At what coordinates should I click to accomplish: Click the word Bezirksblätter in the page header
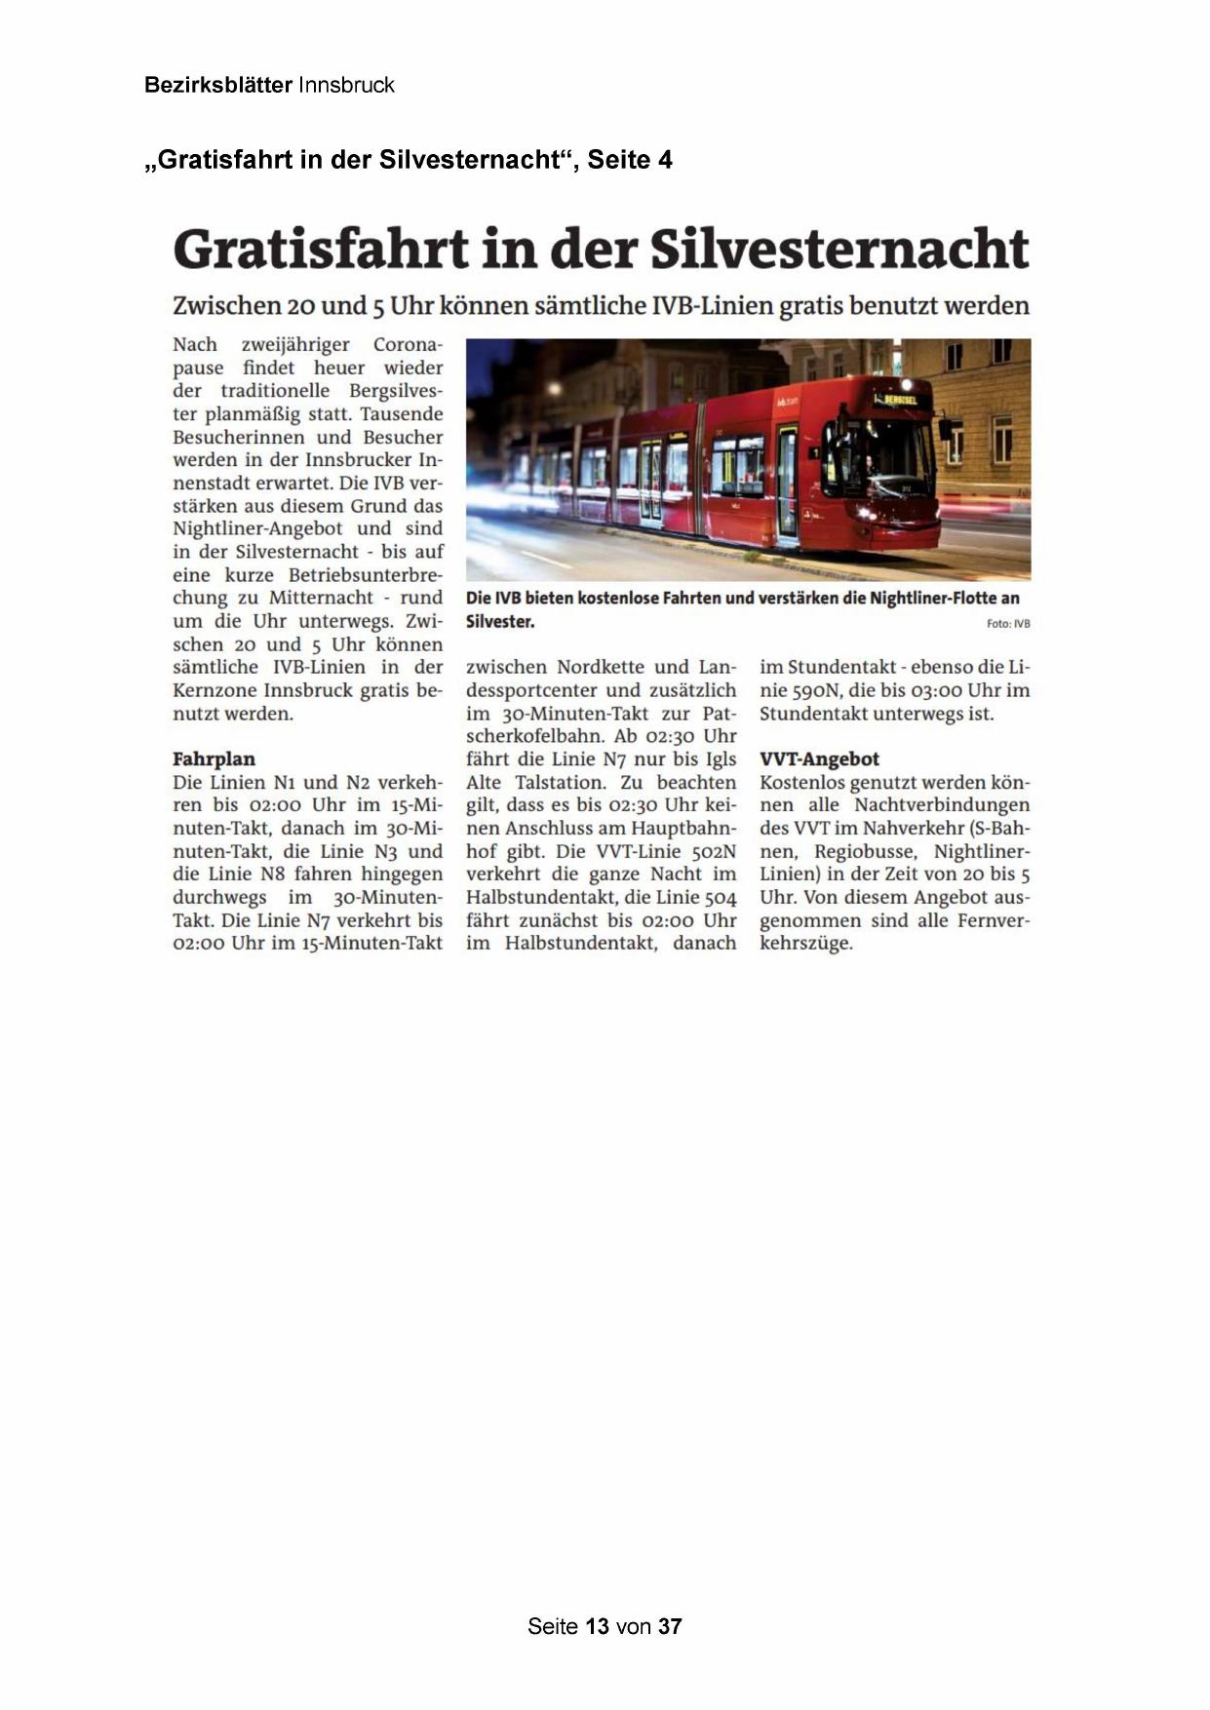tap(217, 85)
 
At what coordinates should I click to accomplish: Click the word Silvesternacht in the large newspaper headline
tap(839, 250)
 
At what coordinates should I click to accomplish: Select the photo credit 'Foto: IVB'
tap(1008, 624)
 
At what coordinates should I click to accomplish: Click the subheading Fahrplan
tap(214, 758)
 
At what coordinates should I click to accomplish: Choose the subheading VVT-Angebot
tap(819, 758)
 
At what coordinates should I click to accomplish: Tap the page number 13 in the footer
tap(598, 1626)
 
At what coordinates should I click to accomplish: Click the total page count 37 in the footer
tap(670, 1626)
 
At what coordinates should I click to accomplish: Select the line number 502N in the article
tap(707, 851)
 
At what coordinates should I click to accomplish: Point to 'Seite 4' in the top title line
tap(629, 160)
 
